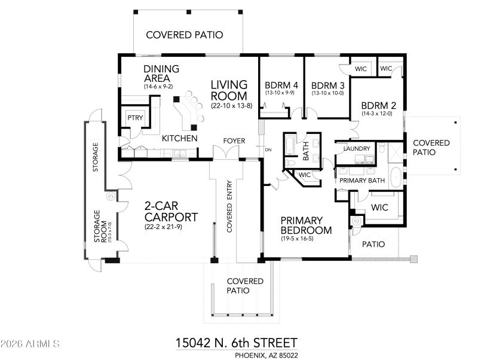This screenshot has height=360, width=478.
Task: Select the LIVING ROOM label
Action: point(229,90)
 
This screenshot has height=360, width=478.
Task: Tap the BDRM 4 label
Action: point(281,85)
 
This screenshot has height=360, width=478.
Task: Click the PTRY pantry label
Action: point(135,118)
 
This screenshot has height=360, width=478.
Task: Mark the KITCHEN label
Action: point(179,138)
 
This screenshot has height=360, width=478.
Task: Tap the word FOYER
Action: point(234,141)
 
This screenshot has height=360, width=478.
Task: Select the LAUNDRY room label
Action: point(357,148)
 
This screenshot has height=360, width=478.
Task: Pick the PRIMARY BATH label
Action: point(362,180)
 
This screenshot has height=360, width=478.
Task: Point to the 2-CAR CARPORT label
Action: point(171,211)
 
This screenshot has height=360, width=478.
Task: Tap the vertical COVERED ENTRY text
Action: point(229,206)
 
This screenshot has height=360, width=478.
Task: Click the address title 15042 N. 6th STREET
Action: point(236,343)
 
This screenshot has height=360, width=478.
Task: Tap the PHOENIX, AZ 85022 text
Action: point(266,355)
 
